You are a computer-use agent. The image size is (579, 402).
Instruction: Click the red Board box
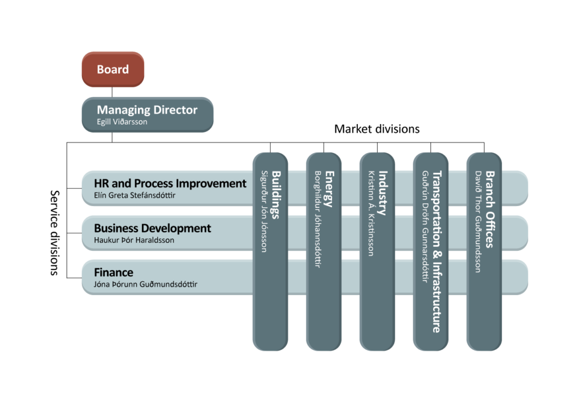(113, 70)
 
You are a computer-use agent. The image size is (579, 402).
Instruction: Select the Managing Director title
(147, 109)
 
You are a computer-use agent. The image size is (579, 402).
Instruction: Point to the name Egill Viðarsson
(122, 122)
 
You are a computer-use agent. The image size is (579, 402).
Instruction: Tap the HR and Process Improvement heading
(170, 183)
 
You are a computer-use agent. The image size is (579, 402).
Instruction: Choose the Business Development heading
(152, 228)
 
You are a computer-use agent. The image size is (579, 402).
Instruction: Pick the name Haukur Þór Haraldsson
(134, 240)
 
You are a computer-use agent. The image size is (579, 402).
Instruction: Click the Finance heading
(114, 272)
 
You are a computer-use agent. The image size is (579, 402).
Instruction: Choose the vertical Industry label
(383, 193)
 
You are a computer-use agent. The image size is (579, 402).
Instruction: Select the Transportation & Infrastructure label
(437, 251)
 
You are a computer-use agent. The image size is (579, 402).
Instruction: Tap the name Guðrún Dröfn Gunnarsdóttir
(425, 226)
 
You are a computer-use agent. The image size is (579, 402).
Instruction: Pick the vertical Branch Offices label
(490, 209)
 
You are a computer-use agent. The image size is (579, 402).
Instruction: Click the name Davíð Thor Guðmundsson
(478, 221)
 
